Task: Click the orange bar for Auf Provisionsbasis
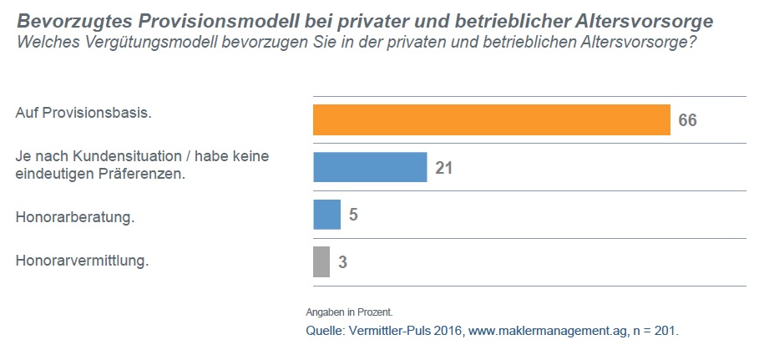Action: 491,119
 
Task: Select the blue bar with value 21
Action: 370,167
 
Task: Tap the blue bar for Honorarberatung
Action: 326,215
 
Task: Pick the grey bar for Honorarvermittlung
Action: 321,261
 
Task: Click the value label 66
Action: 687,120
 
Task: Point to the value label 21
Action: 443,168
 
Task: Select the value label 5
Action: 353,215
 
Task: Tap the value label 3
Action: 342,262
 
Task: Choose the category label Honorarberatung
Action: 75,218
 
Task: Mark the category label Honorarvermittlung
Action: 82,261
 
